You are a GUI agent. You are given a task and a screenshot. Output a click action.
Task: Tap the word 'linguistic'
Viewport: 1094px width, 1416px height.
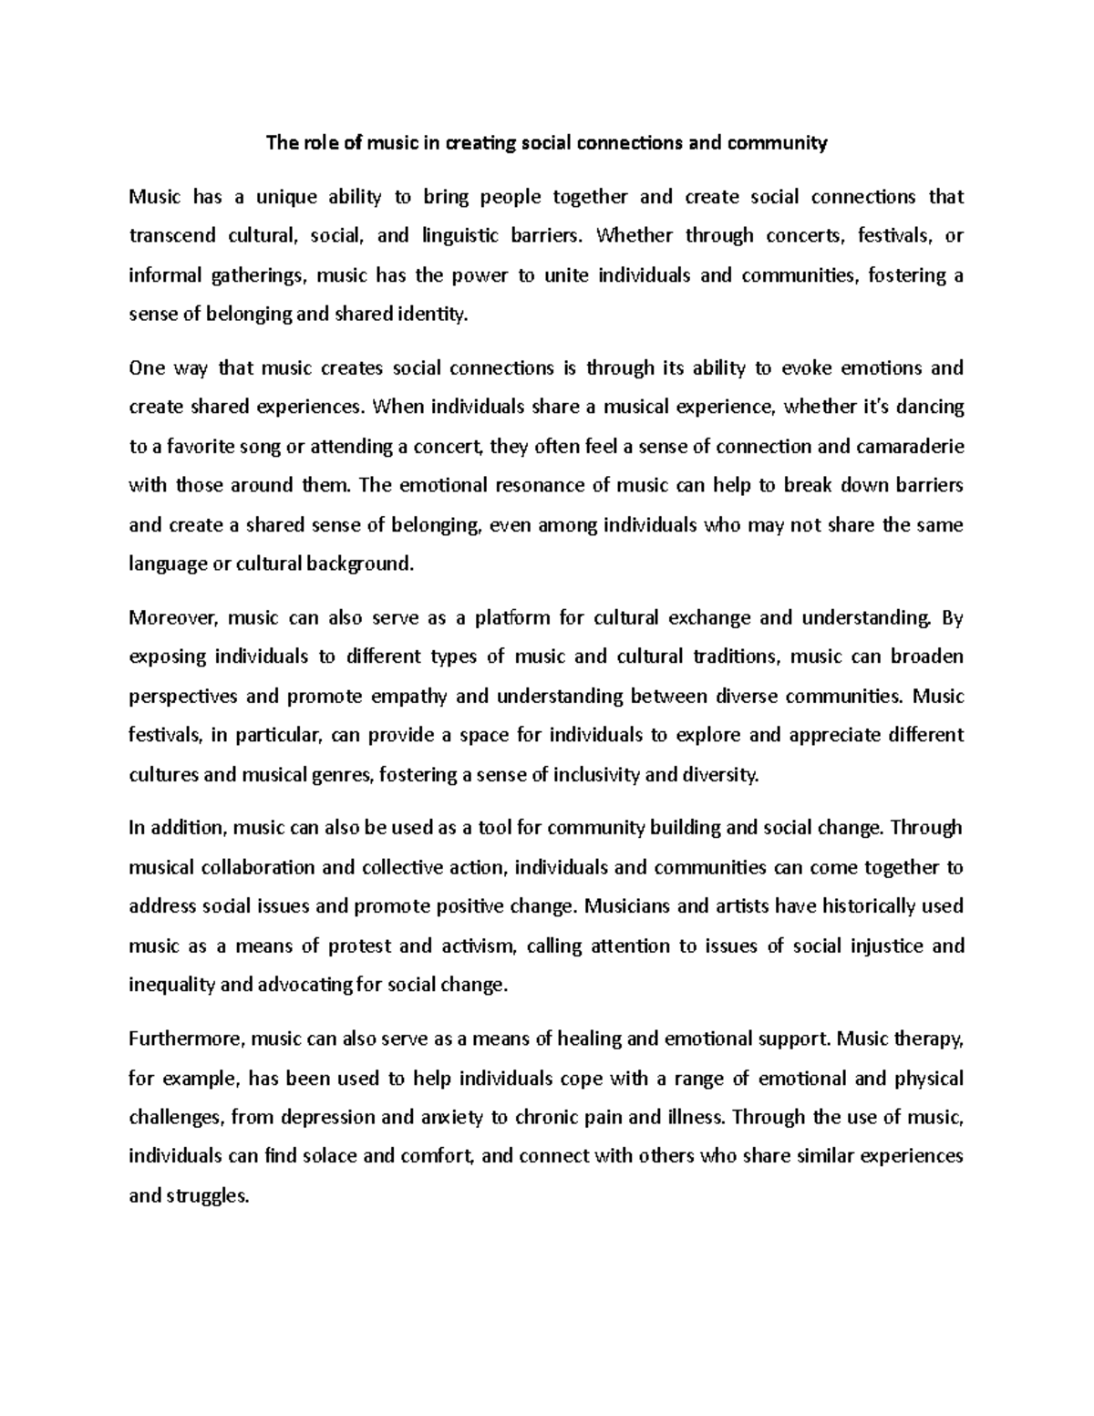[460, 236]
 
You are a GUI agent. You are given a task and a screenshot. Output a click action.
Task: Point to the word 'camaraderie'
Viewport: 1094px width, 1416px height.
[909, 447]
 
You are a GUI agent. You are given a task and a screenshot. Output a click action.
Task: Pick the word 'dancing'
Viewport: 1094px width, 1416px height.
[931, 408]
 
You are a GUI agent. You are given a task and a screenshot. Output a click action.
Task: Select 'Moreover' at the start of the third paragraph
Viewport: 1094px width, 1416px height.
[173, 618]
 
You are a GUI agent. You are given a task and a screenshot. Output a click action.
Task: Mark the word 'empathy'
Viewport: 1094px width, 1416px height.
[410, 697]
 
